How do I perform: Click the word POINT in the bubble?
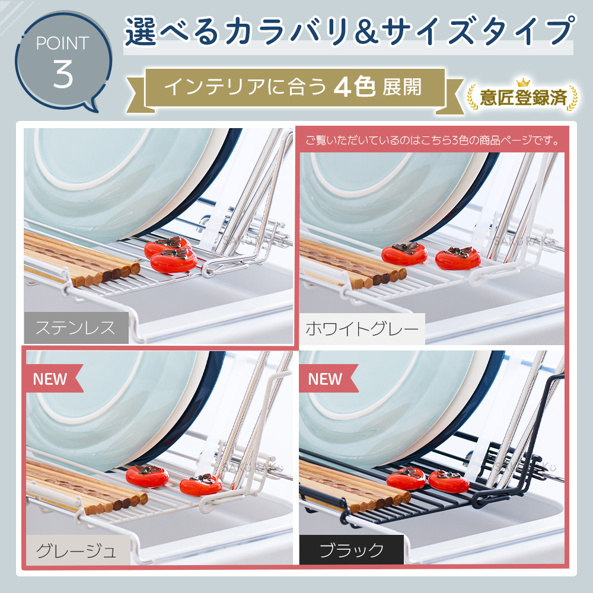coord(63,43)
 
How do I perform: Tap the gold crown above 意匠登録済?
coord(523,83)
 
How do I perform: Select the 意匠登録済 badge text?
coord(523,98)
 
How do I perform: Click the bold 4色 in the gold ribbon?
coord(355,87)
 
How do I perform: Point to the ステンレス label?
coord(76,327)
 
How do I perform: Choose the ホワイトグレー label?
coord(362,329)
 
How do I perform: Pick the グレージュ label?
coord(76,550)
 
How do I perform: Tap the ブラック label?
coord(351,550)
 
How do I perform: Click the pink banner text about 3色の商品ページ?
coord(433,141)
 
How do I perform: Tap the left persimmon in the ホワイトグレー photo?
coord(404,253)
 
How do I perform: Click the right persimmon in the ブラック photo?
coord(449,481)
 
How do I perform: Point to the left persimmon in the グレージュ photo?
coord(147,476)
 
